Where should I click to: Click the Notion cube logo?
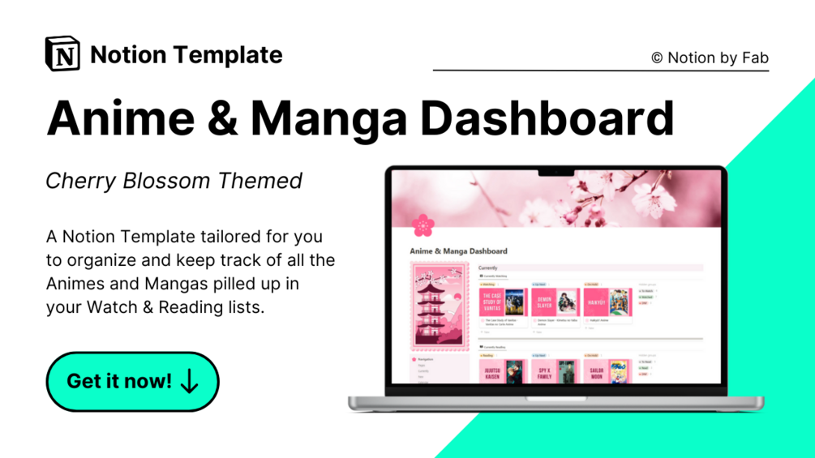tap(62, 54)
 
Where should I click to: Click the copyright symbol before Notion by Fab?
tap(657, 58)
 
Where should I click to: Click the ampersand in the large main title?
tap(223, 118)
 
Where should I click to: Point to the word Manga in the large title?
tap(328, 118)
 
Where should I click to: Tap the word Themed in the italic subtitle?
tap(260, 180)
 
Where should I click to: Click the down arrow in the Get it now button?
tap(190, 381)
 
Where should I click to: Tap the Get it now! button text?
tap(118, 381)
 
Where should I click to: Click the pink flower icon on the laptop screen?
tap(423, 225)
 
